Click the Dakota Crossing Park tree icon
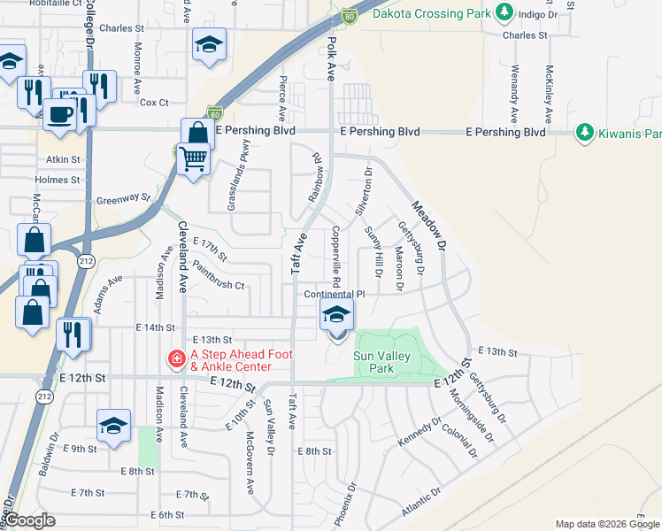(x=505, y=12)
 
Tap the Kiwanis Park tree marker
(x=584, y=133)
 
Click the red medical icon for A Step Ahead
(x=177, y=359)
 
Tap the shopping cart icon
(x=192, y=160)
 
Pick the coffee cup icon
(x=59, y=115)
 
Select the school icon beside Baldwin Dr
(x=114, y=426)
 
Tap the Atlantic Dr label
(x=422, y=504)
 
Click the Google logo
(x=28, y=520)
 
